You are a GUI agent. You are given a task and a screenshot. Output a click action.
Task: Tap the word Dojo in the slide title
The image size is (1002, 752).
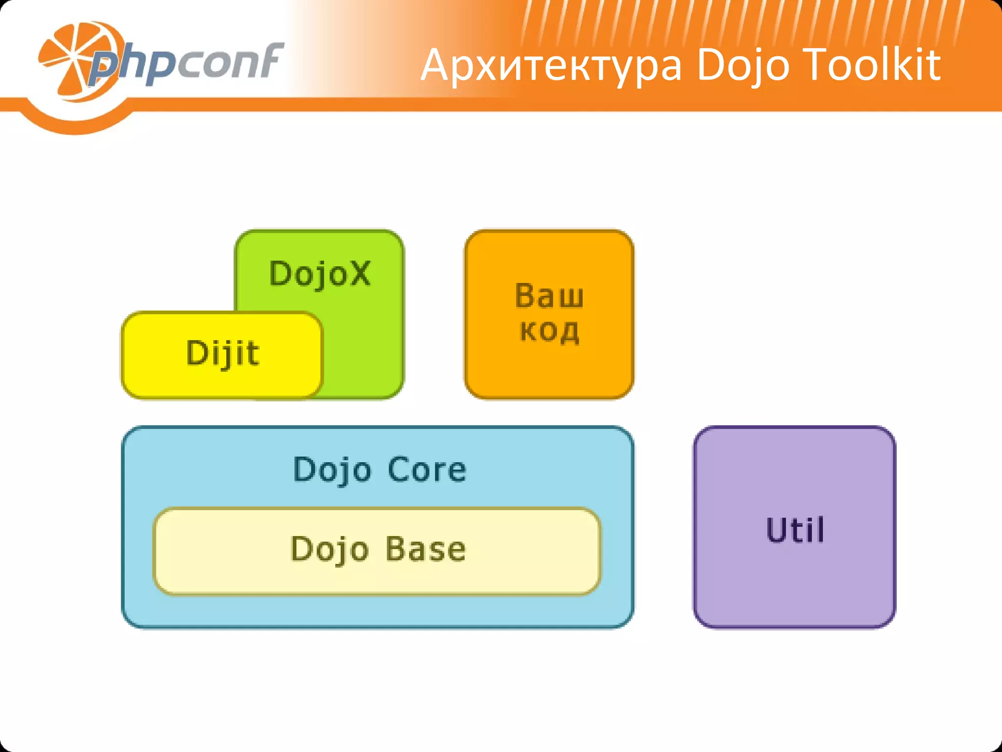743,66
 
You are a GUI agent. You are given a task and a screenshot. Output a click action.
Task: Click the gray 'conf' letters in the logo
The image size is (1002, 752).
230,61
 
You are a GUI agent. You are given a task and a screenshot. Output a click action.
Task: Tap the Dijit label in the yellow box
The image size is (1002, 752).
223,352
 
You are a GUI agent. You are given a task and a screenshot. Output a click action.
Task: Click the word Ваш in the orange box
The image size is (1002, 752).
549,296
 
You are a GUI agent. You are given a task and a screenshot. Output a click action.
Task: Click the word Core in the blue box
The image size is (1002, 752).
427,470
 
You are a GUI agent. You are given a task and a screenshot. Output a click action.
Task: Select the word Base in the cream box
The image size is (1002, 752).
425,549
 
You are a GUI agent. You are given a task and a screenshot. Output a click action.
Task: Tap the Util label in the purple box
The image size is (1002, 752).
795,530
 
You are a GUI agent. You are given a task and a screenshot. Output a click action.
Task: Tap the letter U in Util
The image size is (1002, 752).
777,530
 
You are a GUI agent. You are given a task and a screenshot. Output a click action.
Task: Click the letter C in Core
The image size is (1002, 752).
399,470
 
